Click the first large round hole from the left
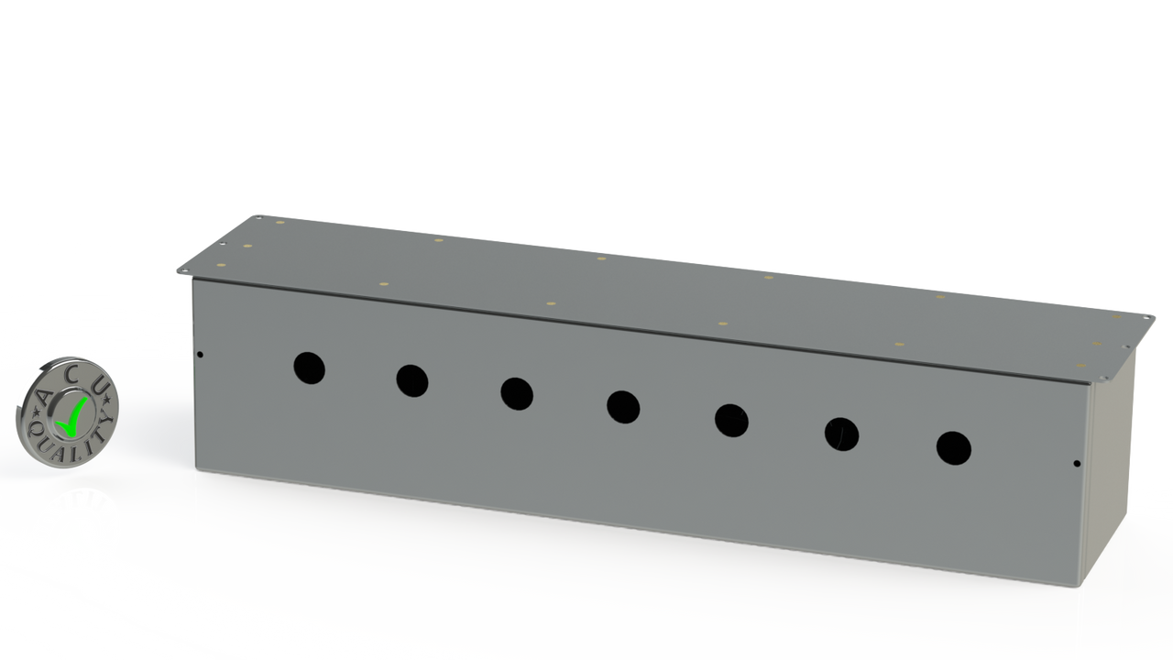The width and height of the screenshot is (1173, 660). pos(309,368)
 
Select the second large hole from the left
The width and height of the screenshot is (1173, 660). pos(412,380)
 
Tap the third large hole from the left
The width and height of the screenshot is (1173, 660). pos(517,394)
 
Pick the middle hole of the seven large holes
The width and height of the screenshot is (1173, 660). pos(623,407)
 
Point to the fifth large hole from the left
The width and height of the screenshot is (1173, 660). pos(731,421)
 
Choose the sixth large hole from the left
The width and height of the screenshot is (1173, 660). pos(841,434)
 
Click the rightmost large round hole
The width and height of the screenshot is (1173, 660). pos(954,448)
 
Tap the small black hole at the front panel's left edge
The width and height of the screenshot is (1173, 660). pos(200,355)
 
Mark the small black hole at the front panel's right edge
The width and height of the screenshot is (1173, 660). pos(1077,464)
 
